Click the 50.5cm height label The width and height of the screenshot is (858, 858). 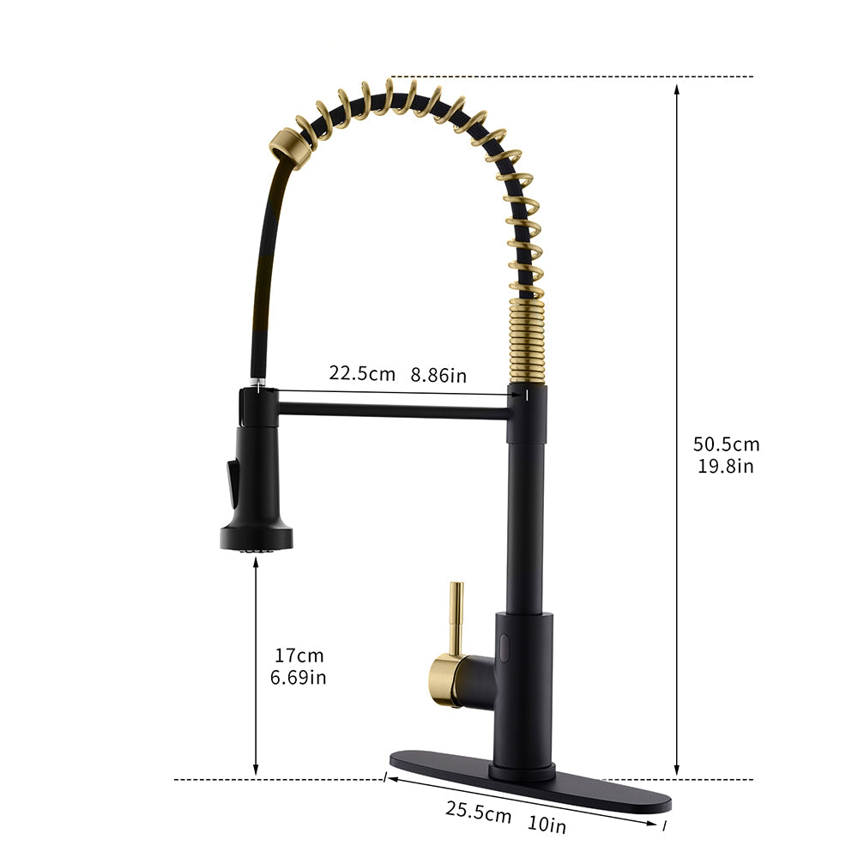(x=726, y=444)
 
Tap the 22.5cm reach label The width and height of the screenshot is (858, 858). (x=362, y=373)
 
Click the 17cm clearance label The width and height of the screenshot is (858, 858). (x=299, y=656)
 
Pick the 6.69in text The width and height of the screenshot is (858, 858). (x=299, y=677)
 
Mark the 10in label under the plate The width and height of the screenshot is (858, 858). (x=547, y=825)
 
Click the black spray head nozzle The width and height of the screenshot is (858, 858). (x=257, y=538)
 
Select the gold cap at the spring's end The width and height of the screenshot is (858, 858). (x=284, y=145)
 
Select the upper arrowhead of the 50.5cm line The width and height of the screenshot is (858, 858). (x=677, y=86)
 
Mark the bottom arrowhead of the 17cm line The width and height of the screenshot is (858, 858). (x=256, y=771)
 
